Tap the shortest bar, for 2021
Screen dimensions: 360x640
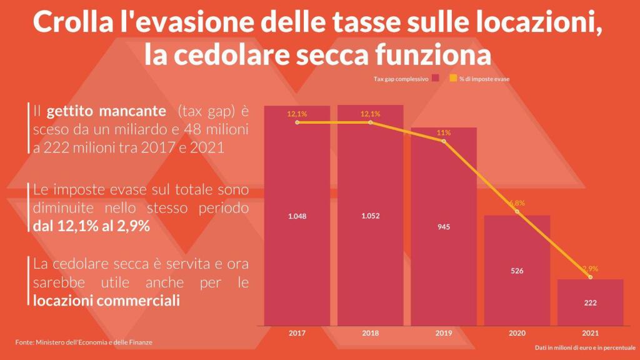point(591,302)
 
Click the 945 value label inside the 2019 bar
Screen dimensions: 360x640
point(444,227)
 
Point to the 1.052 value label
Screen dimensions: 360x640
point(371,216)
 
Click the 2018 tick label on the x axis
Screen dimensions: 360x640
point(371,333)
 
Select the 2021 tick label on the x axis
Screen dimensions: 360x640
point(591,333)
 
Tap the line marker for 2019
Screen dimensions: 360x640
point(444,141)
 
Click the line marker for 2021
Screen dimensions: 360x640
point(591,277)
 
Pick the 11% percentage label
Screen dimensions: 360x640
point(444,132)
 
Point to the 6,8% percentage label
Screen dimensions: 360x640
point(517,203)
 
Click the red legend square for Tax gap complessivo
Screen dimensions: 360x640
point(435,79)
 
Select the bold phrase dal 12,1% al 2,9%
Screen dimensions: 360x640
point(91,226)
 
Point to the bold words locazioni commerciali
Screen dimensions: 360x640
point(106,301)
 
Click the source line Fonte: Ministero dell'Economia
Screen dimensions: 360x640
point(84,342)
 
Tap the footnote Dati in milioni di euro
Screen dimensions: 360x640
point(585,347)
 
